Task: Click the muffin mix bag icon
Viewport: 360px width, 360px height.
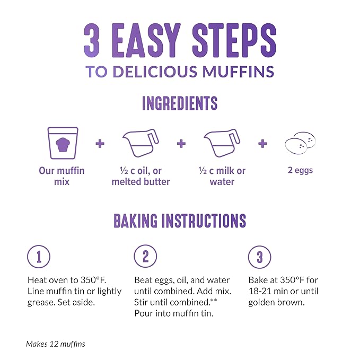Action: tap(63, 143)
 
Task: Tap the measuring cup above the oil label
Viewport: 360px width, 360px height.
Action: tap(141, 143)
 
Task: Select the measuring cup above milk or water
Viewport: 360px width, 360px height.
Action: tap(222, 143)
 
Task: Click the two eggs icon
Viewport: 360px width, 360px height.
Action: tap(300, 143)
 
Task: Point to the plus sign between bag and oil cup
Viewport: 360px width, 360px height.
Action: tap(100, 144)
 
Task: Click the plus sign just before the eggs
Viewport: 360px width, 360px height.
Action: tap(262, 144)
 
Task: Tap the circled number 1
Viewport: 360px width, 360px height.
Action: tap(39, 257)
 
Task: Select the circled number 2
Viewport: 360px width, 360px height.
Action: tap(145, 256)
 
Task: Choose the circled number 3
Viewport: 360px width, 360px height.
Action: tap(259, 257)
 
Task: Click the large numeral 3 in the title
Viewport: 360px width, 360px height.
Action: tap(92, 40)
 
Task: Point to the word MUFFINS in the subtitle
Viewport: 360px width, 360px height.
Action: tap(238, 72)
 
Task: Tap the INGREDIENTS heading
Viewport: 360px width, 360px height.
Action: tap(180, 103)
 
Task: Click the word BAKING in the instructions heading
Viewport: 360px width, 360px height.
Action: tap(135, 221)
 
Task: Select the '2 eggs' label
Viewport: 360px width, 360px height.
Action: tap(300, 170)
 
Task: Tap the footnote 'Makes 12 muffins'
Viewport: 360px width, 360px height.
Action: tap(56, 344)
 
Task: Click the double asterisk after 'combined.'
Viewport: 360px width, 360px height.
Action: tap(214, 300)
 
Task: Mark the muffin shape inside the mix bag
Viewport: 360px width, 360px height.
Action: tap(63, 145)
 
